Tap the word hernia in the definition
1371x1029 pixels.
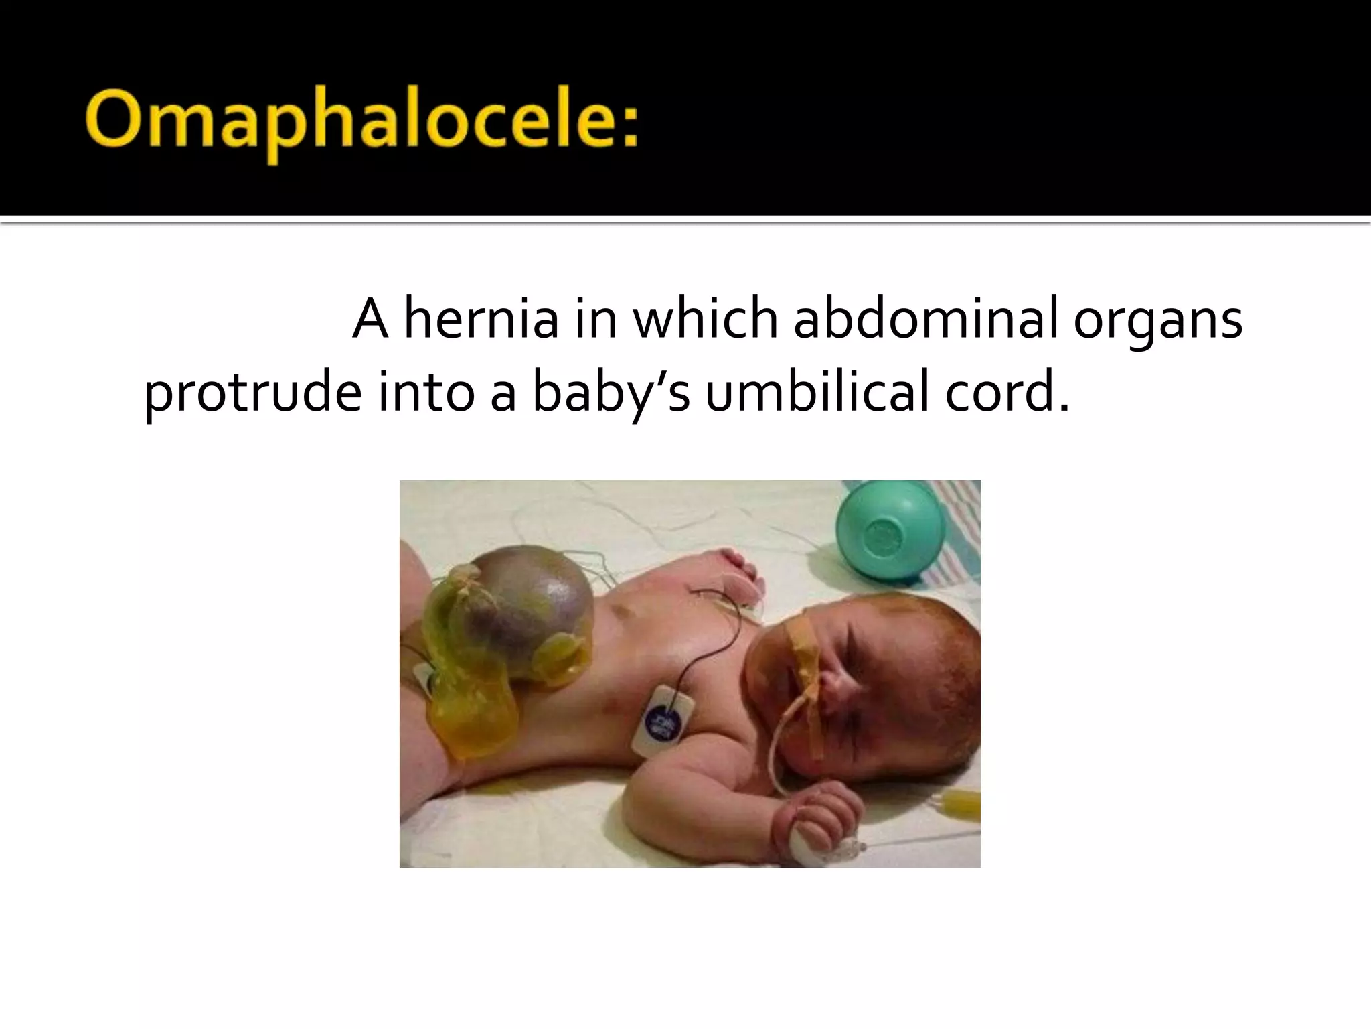[x=481, y=320]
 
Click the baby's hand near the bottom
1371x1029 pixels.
[x=810, y=814]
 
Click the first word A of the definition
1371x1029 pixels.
[x=370, y=320]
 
